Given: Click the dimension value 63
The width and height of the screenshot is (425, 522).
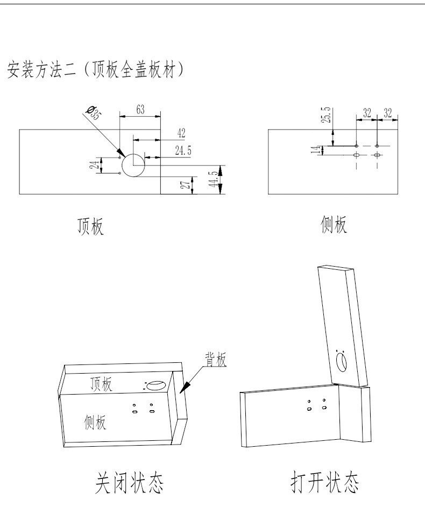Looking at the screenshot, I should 140,109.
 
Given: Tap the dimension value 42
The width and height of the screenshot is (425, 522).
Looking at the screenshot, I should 181,133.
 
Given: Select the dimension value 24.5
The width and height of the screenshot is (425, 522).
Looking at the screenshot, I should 183,151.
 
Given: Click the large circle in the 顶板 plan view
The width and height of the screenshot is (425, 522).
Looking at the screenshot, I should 133,165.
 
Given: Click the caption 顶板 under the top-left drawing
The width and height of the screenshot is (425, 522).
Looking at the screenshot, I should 89,227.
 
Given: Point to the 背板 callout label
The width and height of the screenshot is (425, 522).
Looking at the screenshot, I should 215,358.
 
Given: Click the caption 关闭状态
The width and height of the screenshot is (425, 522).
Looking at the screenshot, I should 130,483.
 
